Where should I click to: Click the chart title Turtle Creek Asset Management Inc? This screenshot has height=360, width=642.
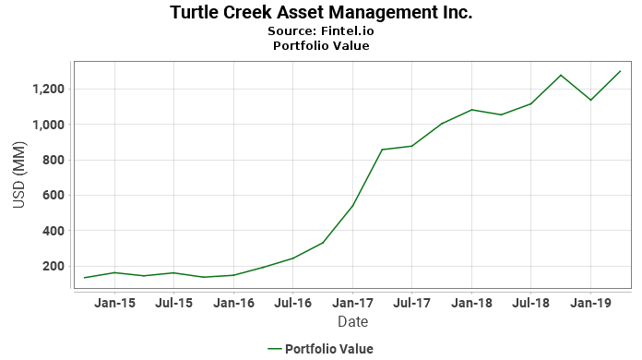tap(321, 13)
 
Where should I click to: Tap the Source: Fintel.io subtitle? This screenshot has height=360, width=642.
tap(321, 30)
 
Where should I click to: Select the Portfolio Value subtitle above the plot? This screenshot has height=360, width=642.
tap(321, 45)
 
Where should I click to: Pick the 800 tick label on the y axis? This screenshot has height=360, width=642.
tap(51, 161)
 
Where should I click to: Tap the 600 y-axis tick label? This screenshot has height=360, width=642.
tap(51, 196)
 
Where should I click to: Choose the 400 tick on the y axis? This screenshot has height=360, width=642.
tap(51, 231)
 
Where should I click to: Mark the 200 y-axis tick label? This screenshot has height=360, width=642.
tap(51, 267)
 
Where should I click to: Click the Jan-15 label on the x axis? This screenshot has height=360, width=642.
tap(114, 303)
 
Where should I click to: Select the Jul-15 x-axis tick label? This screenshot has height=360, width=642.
tap(173, 303)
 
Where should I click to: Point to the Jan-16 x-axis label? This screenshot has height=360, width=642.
tap(233, 303)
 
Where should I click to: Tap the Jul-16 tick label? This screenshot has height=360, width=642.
tap(292, 303)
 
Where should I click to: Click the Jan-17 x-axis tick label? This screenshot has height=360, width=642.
tap(352, 303)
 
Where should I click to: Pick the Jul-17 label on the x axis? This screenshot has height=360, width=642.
tap(411, 303)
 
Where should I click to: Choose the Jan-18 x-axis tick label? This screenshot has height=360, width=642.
tap(471, 303)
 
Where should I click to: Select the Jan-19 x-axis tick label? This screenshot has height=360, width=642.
tap(590, 303)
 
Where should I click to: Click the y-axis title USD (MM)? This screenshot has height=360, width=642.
tap(19, 176)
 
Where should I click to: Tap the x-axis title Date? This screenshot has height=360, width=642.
tap(352, 322)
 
